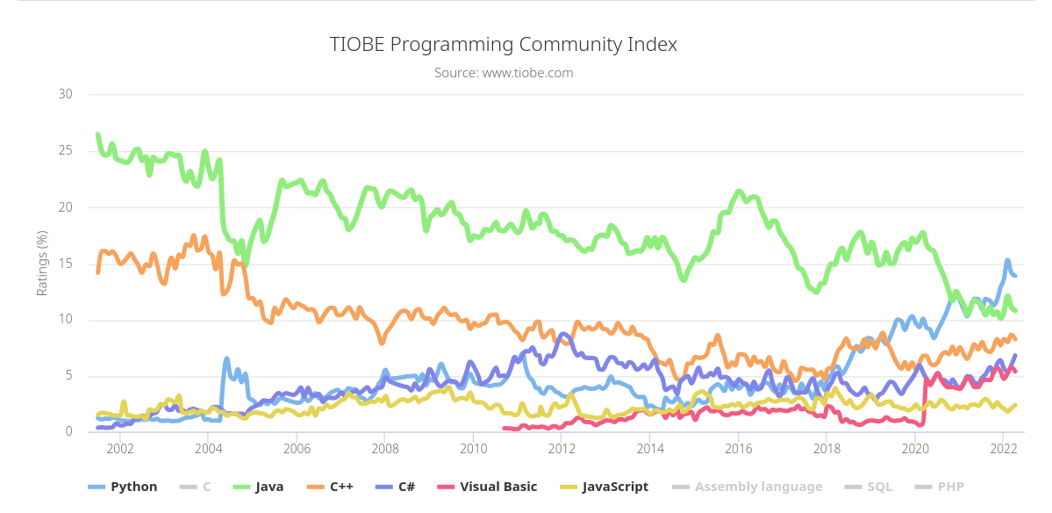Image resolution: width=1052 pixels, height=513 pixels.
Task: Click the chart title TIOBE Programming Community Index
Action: [x=504, y=45]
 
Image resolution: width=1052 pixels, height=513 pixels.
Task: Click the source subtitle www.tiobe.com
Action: [x=504, y=73]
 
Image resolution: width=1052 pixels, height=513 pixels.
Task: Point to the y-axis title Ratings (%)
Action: [x=42, y=263]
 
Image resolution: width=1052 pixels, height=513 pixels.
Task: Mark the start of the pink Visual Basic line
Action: [x=504, y=429]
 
